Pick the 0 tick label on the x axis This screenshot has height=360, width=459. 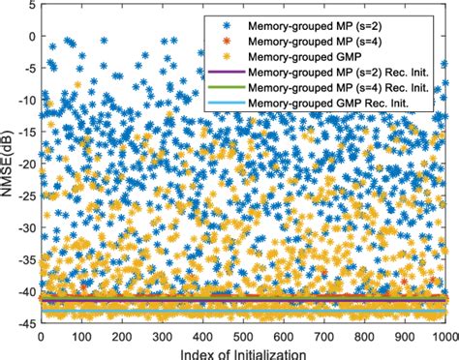(x=40, y=336)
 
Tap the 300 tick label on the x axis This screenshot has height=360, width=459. (x=163, y=336)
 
